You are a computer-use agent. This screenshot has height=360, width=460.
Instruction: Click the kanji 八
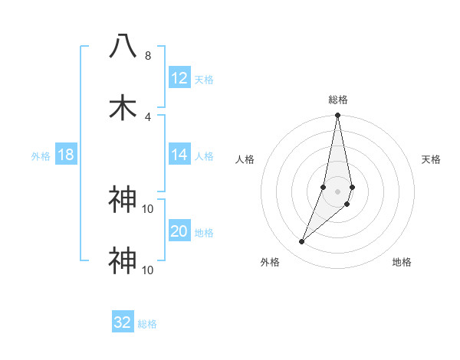[x=123, y=46]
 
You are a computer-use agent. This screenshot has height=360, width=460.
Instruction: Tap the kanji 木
[x=123, y=108]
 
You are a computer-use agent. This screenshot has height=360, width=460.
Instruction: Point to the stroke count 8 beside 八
[x=147, y=56]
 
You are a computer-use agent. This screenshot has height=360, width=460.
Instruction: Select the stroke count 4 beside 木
[x=147, y=116]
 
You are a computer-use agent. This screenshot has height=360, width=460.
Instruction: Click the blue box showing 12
[x=179, y=78]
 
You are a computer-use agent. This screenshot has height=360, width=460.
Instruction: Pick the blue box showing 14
[x=179, y=155]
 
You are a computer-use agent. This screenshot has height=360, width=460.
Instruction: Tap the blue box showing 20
[x=179, y=231]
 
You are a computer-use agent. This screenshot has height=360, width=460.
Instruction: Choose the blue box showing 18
[x=66, y=155]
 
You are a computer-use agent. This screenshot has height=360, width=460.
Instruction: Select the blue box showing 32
[x=123, y=322]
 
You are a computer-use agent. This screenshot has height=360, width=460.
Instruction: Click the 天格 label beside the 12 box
[x=204, y=80]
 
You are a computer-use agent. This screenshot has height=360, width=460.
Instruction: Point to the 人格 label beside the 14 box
[x=204, y=156]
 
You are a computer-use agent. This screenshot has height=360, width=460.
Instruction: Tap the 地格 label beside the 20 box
[x=204, y=233]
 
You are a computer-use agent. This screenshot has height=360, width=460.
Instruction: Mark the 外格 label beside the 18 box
[x=41, y=156]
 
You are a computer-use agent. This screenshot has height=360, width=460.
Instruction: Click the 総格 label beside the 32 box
[x=147, y=324]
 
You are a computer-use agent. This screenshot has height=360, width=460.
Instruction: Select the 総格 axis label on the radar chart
[x=337, y=100]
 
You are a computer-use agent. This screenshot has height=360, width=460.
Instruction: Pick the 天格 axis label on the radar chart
[x=431, y=159]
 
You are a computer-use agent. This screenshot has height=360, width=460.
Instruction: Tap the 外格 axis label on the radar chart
[x=270, y=262]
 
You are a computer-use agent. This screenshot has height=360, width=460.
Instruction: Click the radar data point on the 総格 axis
[x=337, y=116]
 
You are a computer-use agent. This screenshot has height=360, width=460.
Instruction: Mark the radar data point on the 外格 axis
[x=301, y=242]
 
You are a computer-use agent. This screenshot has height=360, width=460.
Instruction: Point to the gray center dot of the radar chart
[x=337, y=191]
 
